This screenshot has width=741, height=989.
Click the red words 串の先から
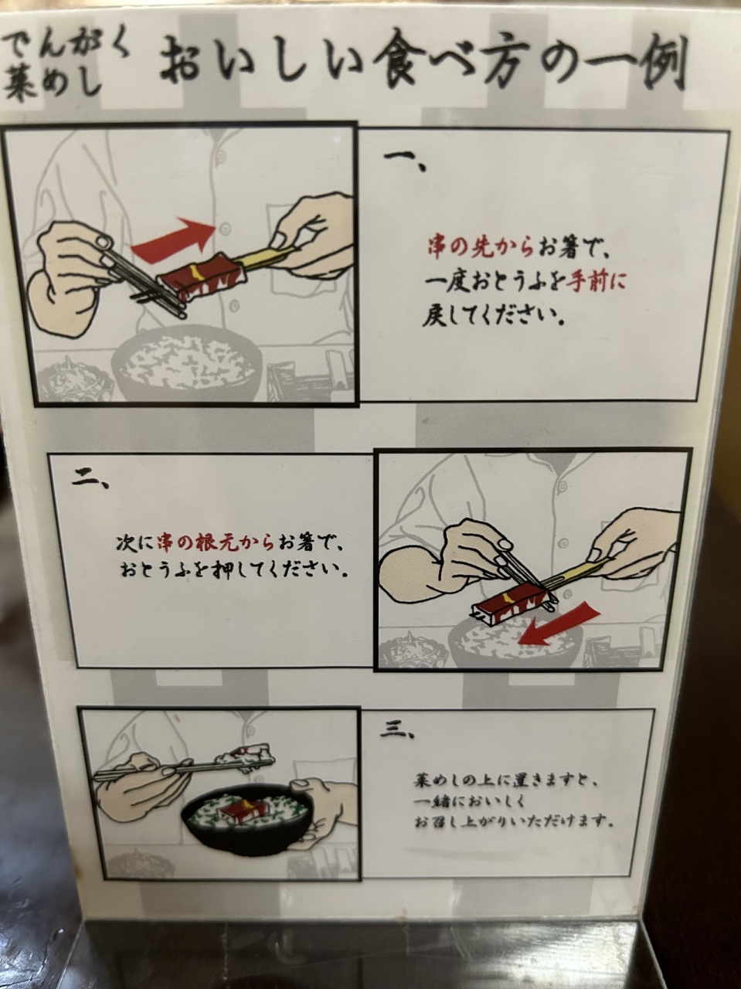point(481,250)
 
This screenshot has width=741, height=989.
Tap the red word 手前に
point(597,283)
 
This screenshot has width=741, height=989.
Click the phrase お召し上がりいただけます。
point(514,821)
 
